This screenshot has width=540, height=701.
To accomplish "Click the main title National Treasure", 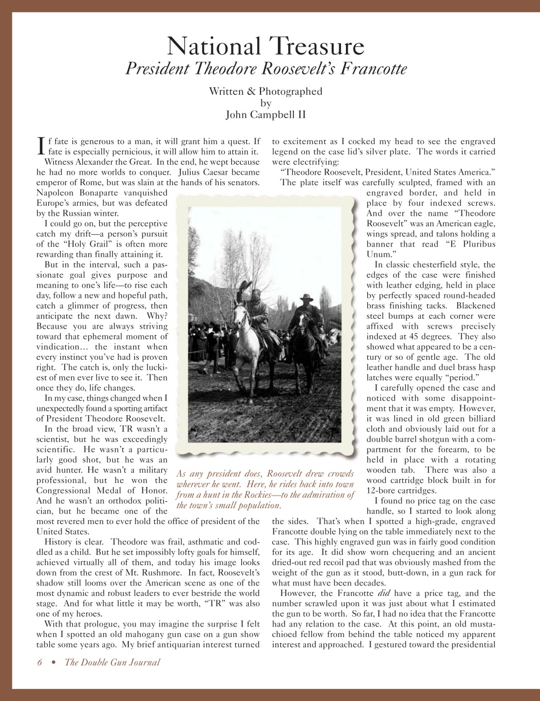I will pos(265,46).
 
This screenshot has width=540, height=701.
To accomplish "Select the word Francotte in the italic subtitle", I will pos(372,70).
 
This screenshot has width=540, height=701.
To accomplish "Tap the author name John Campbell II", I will pos(265,114).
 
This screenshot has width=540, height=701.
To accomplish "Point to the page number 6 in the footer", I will pos(39,662).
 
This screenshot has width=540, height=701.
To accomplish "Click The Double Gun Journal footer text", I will pos(112,662).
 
